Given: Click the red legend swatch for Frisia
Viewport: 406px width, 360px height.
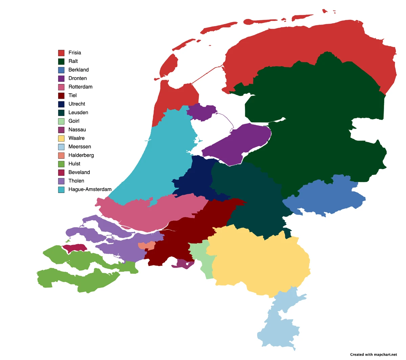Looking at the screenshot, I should tap(61, 53).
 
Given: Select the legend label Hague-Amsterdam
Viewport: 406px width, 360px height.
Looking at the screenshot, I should tap(90, 189).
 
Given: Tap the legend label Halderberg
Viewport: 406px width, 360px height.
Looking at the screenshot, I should tap(81, 155).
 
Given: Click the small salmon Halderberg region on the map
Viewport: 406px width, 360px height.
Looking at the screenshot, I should tap(148, 246).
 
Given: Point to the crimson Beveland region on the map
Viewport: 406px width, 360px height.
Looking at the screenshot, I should tap(75, 248).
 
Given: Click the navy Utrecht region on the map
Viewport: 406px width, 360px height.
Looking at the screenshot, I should tap(196, 179).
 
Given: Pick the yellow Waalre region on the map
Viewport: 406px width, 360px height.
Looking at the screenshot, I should tap(261, 260).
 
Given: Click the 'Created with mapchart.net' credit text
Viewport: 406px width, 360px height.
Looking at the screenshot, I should tap(374, 355).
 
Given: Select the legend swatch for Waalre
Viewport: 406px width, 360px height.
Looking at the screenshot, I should tap(61, 138).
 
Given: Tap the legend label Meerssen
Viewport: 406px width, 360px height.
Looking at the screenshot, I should tap(80, 147).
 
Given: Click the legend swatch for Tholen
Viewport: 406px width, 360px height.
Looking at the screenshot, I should tap(61, 181).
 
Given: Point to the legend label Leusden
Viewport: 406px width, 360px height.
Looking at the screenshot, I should tap(78, 113).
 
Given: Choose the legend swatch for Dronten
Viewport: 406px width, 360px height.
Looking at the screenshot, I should tap(61, 78).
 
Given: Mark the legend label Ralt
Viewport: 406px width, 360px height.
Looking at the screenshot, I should tap(73, 61).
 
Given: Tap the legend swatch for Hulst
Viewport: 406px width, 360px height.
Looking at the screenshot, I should tap(61, 164).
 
